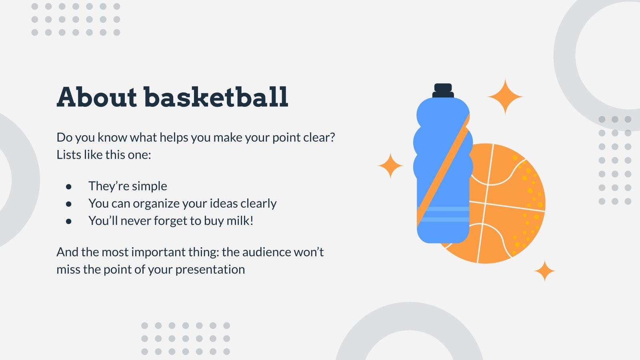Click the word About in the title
pyautogui.click(x=97, y=97)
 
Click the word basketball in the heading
pyautogui.click(x=216, y=97)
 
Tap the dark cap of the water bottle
pyautogui.click(x=443, y=91)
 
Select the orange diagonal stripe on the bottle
pyautogui.click(x=444, y=168)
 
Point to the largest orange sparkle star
pyautogui.click(x=505, y=97)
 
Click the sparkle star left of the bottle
pyautogui.click(x=390, y=165)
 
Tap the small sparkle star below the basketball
pyautogui.click(x=544, y=271)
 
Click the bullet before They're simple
pyautogui.click(x=69, y=186)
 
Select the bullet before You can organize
pyautogui.click(x=69, y=204)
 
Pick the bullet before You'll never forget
pyautogui.click(x=69, y=221)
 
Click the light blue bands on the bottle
pyautogui.click(x=443, y=214)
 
